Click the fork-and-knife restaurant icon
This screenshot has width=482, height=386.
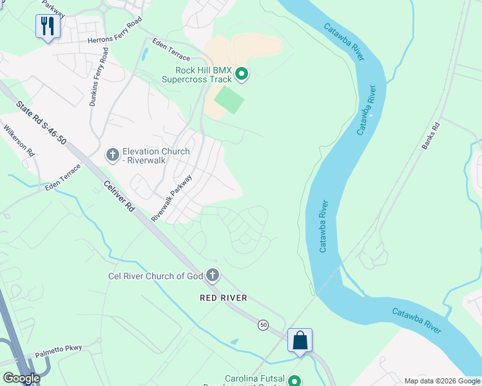click(x=48, y=26)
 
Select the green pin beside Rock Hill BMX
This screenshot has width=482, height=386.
click(x=242, y=75)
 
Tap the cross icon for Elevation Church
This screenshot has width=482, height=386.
click(x=112, y=155)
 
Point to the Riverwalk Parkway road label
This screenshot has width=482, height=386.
click(x=171, y=198)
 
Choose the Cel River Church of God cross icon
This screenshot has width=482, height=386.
click(x=212, y=277)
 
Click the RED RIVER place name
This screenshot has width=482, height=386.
click(x=223, y=299)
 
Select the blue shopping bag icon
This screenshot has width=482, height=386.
click(x=300, y=340)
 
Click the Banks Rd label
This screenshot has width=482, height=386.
click(x=430, y=136)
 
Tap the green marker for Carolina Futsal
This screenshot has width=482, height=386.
click(x=295, y=380)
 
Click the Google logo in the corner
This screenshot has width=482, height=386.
click(x=21, y=378)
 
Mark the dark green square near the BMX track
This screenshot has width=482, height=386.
click(x=229, y=101)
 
